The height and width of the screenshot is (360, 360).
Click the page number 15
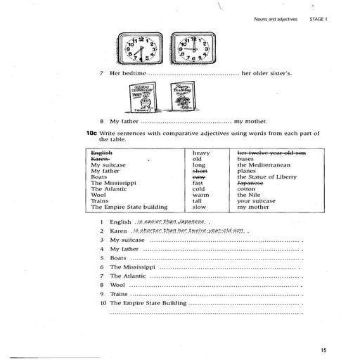tap(323, 350)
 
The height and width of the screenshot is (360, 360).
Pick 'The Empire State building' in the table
tap(129, 207)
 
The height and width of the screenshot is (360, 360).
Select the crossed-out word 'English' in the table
tap(102, 152)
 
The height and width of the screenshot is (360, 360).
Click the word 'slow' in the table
tap(199, 207)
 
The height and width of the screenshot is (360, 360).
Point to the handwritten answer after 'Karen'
tap(187, 231)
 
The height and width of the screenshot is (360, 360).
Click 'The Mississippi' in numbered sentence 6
tap(131, 267)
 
